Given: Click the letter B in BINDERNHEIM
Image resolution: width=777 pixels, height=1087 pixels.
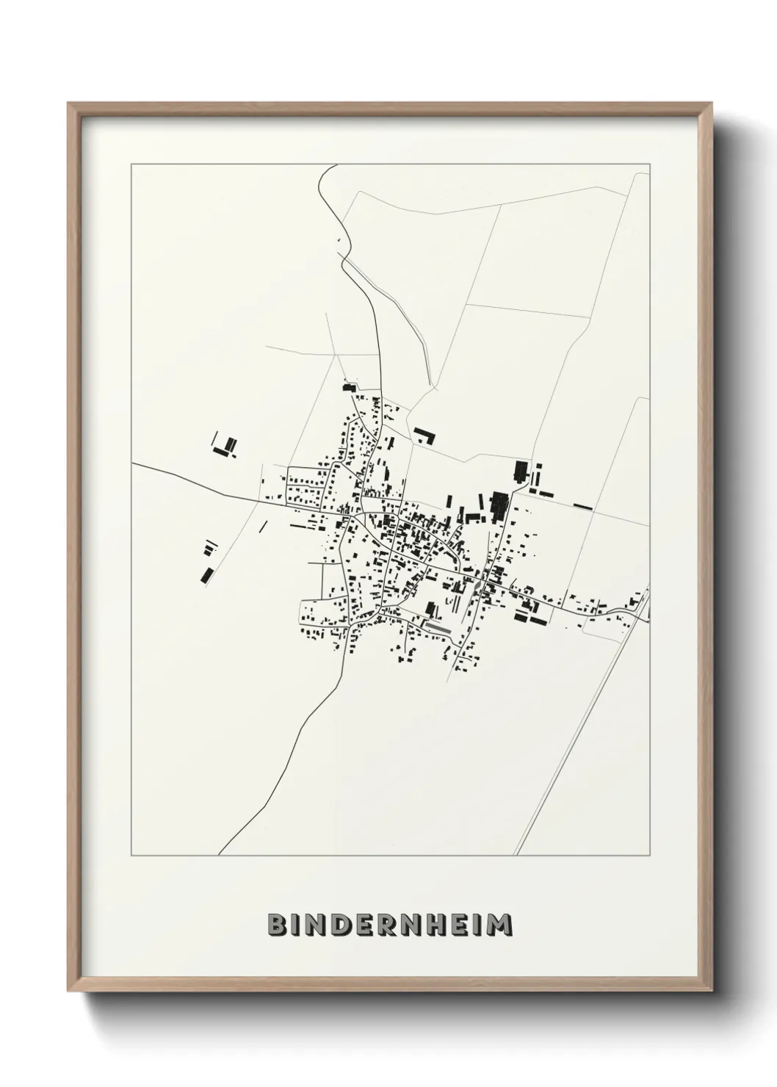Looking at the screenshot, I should point(277,925).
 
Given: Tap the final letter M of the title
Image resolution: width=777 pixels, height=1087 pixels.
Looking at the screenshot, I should point(499,925).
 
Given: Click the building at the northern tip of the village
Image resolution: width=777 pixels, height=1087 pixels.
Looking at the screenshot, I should point(348,387).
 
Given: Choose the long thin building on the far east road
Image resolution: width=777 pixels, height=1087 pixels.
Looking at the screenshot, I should point(582,506).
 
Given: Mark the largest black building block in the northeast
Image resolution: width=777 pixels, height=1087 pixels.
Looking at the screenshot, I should point(500,506).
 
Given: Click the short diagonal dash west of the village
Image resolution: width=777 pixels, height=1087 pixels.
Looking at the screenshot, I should point(263,526).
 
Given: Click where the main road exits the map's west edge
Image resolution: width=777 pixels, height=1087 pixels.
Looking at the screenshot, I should point(133,465).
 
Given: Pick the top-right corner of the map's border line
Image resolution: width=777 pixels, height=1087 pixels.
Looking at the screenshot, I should point(650,165).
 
